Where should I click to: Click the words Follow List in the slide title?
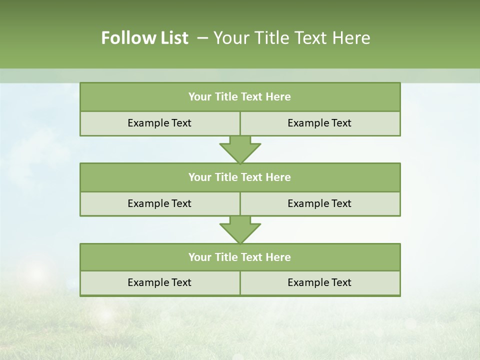click(144, 38)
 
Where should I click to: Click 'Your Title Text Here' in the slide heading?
click(291, 38)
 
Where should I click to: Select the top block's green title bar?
click(240, 97)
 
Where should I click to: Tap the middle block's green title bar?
click(240, 177)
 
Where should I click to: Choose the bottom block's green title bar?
click(240, 257)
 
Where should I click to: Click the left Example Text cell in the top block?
click(159, 123)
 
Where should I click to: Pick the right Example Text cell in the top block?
click(319, 123)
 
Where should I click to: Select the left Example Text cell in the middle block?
click(159, 203)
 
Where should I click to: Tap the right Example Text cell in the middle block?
click(319, 203)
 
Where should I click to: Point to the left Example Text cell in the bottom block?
click(159, 282)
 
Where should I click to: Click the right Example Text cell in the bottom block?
click(319, 282)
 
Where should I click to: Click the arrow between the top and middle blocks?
click(240, 149)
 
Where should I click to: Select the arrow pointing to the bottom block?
click(240, 229)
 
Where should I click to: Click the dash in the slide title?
click(202, 38)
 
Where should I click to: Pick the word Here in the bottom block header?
click(278, 257)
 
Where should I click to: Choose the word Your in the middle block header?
click(199, 177)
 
